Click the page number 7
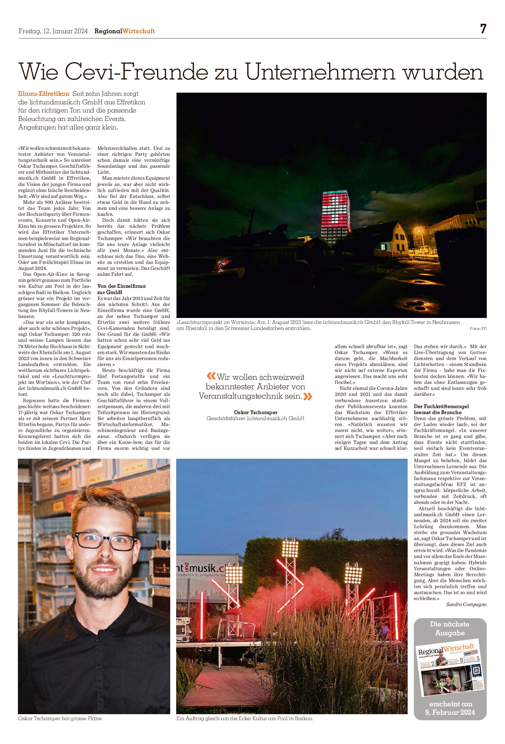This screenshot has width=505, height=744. click(x=483, y=30)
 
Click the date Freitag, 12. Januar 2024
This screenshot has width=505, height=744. click(x=53, y=31)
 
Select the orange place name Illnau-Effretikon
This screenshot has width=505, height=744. click(x=44, y=94)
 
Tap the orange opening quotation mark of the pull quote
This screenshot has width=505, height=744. click(x=211, y=375)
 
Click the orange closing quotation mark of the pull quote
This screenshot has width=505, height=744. click(x=308, y=397)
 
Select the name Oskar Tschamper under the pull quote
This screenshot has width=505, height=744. click(x=255, y=412)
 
